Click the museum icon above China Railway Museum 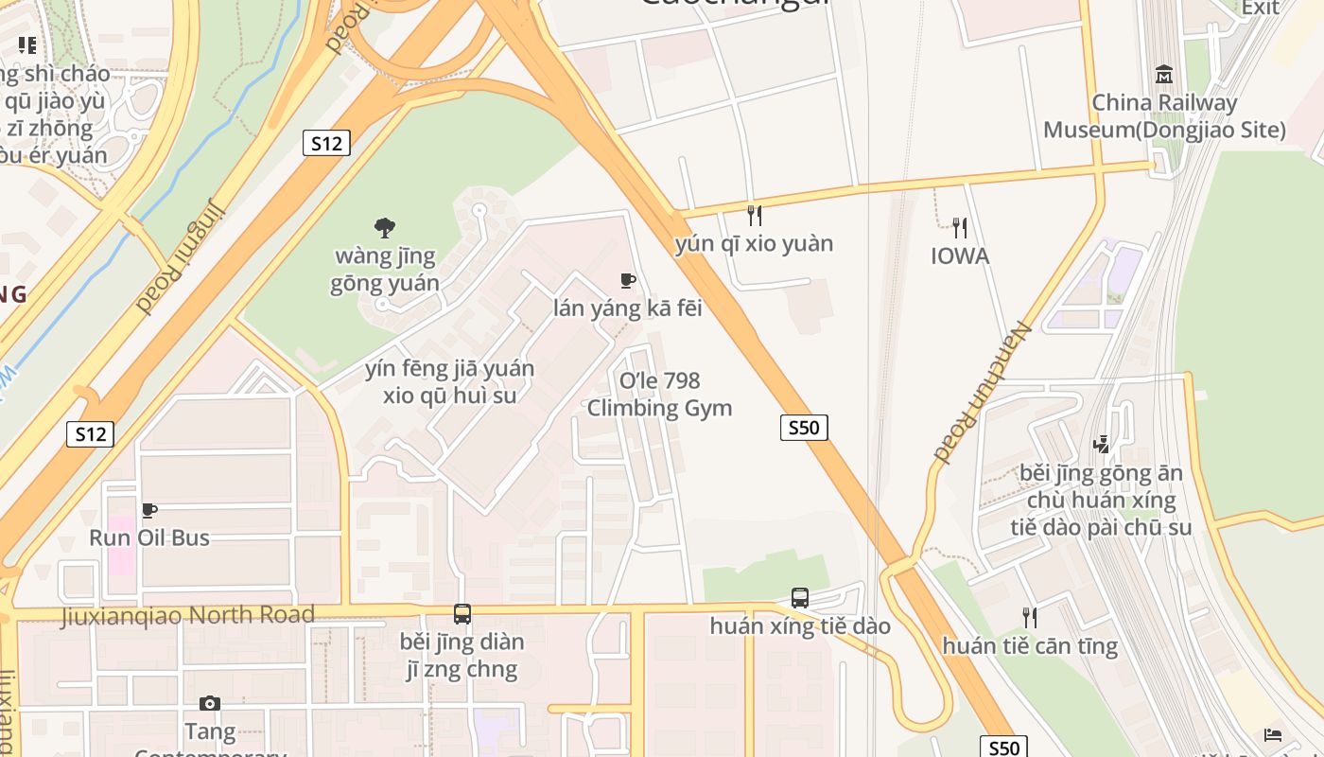click(x=1164, y=74)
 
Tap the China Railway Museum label click(x=1164, y=115)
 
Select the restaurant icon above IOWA click(x=960, y=227)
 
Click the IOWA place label click(x=960, y=255)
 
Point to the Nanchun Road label click(x=980, y=390)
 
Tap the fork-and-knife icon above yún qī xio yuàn click(x=754, y=216)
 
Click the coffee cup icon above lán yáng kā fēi click(x=627, y=280)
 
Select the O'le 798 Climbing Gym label click(x=659, y=395)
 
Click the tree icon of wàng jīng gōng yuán click(x=384, y=227)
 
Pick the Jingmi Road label click(x=180, y=255)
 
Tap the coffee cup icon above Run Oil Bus click(x=149, y=511)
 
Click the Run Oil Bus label click(x=149, y=537)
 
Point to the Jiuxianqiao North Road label click(x=187, y=615)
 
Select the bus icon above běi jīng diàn click(x=462, y=614)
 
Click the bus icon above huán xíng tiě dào click(x=800, y=598)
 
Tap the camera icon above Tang click(x=210, y=703)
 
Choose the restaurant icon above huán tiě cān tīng click(x=1030, y=618)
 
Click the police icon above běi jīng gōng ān click(x=1101, y=444)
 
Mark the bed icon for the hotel click(x=1273, y=735)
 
